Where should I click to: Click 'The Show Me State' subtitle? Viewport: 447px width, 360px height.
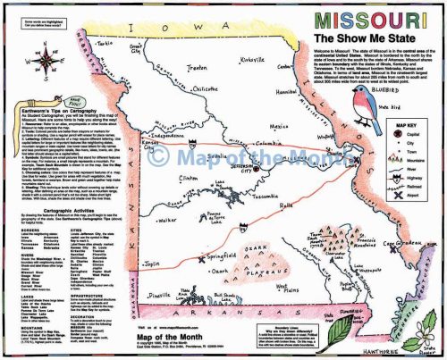tap(366, 41)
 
